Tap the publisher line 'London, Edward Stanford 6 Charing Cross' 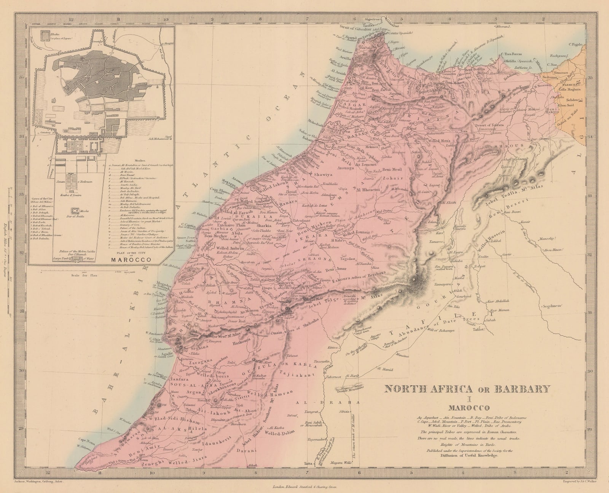[304, 487]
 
